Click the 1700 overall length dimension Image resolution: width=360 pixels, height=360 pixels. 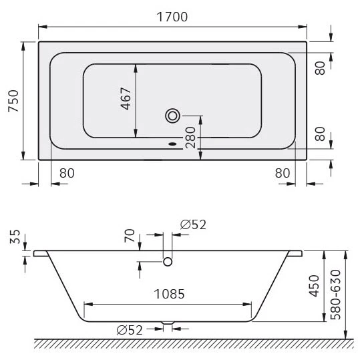pyautogui.click(x=172, y=17)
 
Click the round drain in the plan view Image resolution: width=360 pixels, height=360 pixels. pyautogui.click(x=173, y=116)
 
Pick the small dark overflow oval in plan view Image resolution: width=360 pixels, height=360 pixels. pyautogui.click(x=173, y=142)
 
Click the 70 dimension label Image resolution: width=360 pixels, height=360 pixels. pyautogui.click(x=130, y=235)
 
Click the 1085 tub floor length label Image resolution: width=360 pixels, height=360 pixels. pyautogui.click(x=168, y=294)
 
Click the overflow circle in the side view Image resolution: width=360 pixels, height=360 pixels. pyautogui.click(x=168, y=261)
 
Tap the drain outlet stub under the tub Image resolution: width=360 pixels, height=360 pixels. pyautogui.click(x=168, y=325)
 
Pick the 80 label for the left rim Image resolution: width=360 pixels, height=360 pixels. pyautogui.click(x=67, y=173)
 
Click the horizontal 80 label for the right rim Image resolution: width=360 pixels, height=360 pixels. pyautogui.click(x=283, y=173)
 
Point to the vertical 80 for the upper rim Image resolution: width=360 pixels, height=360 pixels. pyautogui.click(x=320, y=67)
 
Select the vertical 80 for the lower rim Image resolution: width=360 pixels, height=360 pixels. pyautogui.click(x=320, y=134)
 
